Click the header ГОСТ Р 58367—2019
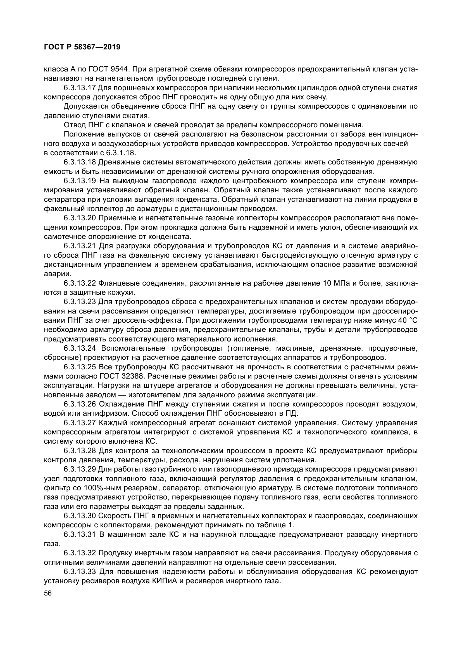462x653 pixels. point(82,47)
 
